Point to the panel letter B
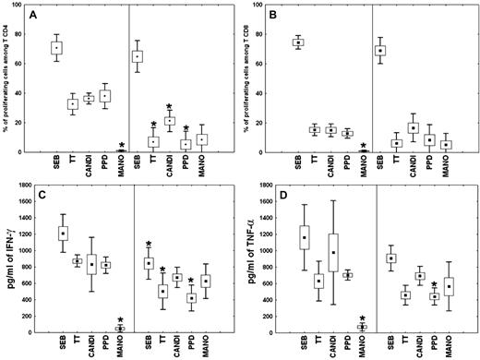click(x=286, y=16)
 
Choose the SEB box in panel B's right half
click(x=379, y=50)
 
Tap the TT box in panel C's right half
click(x=162, y=290)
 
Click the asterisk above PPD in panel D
click(x=433, y=283)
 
